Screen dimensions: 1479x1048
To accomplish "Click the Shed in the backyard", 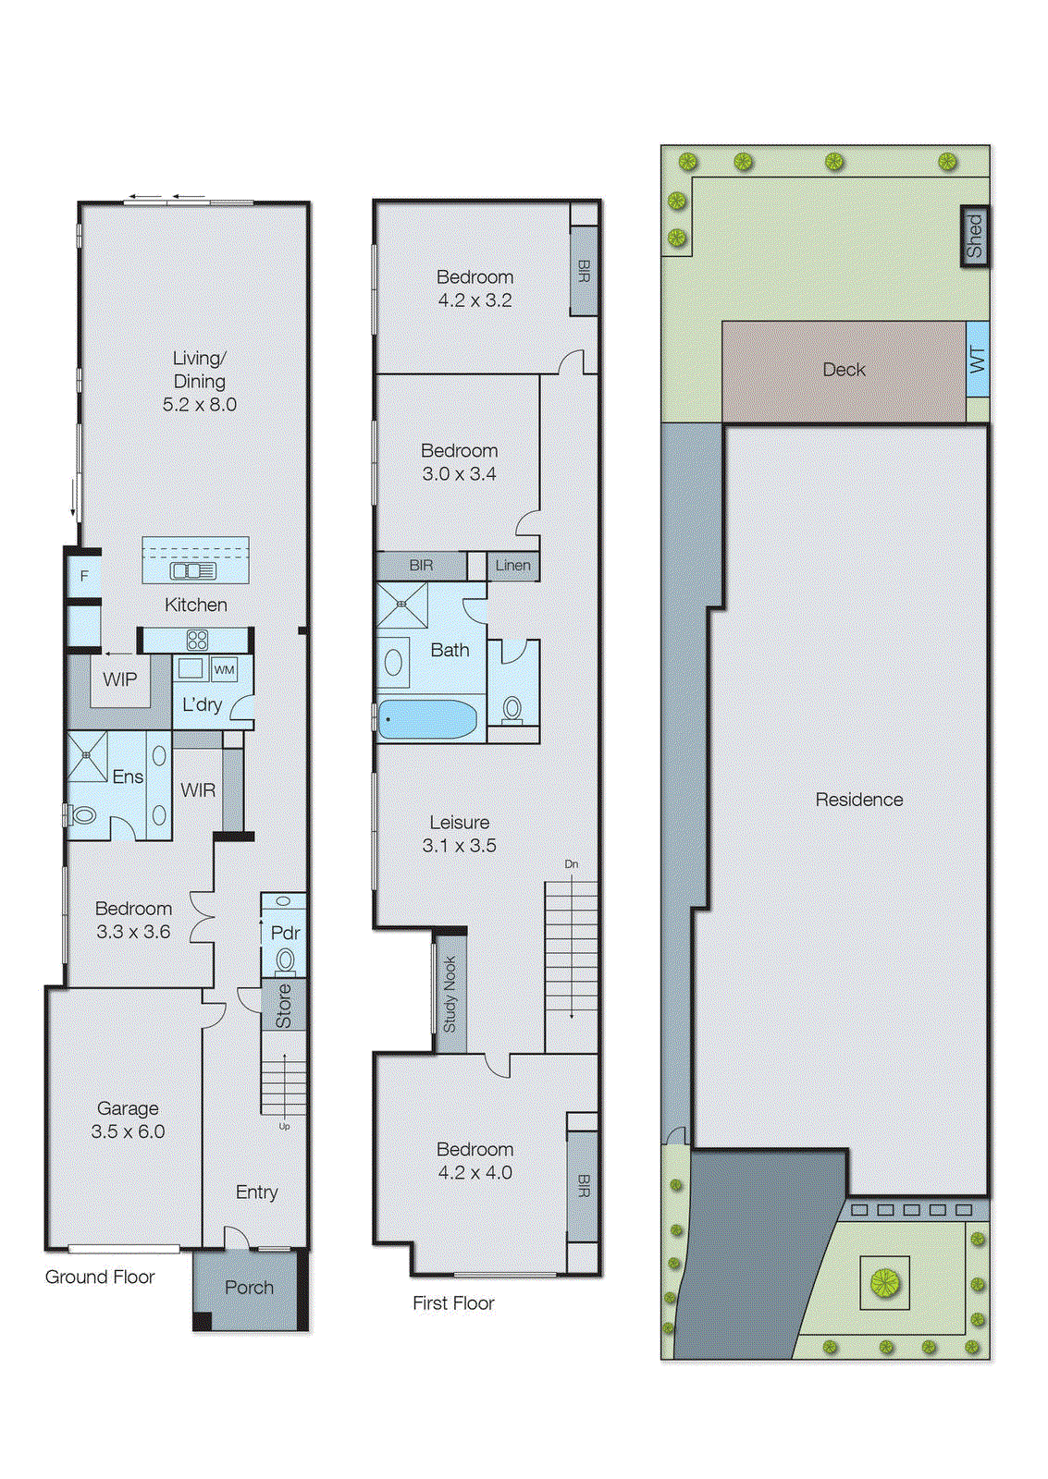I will coord(974,237).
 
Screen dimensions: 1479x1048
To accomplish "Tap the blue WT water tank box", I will coord(977,360).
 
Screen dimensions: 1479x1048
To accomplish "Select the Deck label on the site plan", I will coord(844,370).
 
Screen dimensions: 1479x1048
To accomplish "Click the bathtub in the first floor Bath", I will coord(427,719).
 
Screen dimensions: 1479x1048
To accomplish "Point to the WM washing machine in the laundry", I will coord(224,669).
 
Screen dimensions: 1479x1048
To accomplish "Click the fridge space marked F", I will coord(84,576).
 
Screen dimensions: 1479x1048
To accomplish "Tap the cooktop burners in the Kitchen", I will coord(197,640).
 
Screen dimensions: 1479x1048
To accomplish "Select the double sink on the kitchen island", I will coord(192,571).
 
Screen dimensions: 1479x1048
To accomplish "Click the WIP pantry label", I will coord(120,679).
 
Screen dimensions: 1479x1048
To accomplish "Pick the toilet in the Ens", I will coord(81,815).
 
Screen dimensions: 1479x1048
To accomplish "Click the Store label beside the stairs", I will coord(283,1006).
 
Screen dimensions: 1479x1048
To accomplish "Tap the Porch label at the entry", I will coord(249,1288).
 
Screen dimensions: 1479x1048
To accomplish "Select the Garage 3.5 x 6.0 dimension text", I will coord(128,1131).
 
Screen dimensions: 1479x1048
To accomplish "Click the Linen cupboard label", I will coord(512,566).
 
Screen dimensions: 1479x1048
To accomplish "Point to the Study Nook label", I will coord(450,995).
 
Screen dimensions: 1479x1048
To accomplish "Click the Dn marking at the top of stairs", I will coord(572,864).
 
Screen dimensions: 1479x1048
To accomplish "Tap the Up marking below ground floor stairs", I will coord(284,1127).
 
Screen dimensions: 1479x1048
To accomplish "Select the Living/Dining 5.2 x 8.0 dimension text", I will coord(200,404).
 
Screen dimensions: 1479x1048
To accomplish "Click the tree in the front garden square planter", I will coord(884,1282).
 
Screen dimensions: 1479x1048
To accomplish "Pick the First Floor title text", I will coord(453,1302).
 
